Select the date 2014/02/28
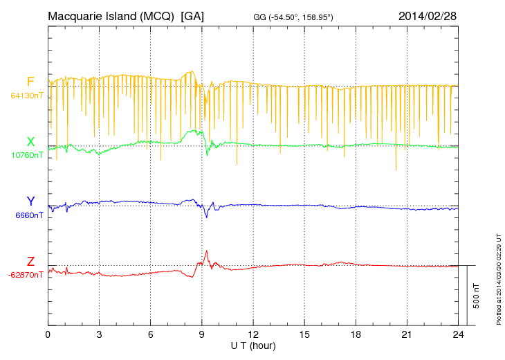tap(427, 15)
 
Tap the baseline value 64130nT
tap(27, 96)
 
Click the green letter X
tap(30, 142)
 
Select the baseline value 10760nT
tap(27, 155)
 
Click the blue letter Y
tap(30, 201)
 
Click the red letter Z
tap(30, 262)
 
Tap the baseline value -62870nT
tap(26, 275)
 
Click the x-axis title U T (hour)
tap(253, 345)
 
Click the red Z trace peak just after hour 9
tap(206, 251)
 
